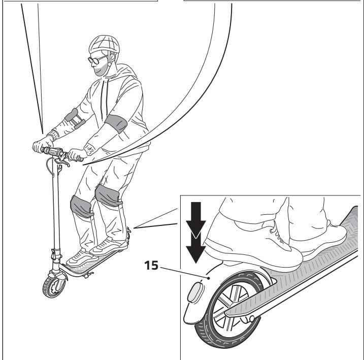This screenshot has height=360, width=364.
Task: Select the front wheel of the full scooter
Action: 54,286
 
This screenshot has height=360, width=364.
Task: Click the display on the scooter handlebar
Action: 52,152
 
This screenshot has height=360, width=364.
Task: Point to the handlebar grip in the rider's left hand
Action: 76,156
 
